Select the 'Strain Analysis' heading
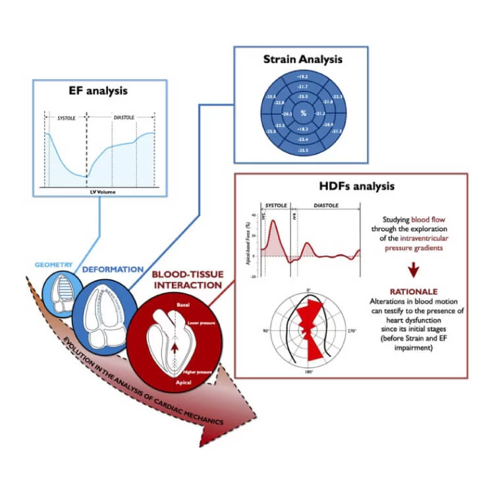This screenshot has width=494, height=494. coord(302,59)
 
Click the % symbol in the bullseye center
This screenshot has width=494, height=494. coord(303,113)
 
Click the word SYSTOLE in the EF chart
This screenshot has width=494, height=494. coord(65,117)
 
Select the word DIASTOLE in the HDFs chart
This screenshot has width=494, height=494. coord(325,206)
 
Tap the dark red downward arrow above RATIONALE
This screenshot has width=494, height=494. coord(414,269)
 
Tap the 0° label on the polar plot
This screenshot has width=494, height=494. coord(309,290)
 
